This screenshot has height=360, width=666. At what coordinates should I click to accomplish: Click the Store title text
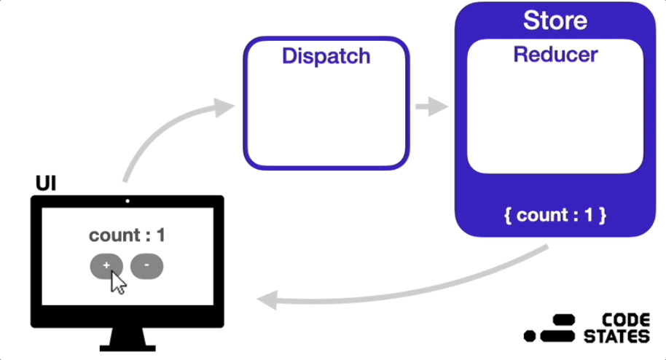coord(555,20)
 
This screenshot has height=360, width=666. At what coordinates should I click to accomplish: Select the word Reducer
coord(555,55)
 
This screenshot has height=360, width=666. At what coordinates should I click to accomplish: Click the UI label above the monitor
coord(46,183)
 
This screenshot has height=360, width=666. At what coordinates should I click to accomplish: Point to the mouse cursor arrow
coord(117,282)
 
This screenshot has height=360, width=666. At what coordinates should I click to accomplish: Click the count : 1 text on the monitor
coord(127,235)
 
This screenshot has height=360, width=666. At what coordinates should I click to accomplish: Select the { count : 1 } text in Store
coord(555,215)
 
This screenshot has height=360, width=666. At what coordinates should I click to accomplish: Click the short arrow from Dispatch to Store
coord(431,106)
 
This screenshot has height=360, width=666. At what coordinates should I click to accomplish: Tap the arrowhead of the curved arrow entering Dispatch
coord(224,108)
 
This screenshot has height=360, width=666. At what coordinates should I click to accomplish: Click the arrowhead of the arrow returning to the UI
coord(267,300)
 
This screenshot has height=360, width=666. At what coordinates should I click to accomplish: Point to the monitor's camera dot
coord(128,201)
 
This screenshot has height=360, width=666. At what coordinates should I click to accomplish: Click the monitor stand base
coord(128,348)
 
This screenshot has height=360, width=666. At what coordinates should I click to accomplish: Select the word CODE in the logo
coord(626,320)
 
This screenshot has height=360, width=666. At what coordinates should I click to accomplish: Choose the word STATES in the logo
coord(616,337)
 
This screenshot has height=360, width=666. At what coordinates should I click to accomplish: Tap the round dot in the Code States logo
coord(530,336)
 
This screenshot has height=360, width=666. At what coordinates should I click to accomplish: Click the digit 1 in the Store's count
coord(589,215)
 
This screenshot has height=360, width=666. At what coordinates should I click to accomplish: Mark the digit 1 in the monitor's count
coord(160,235)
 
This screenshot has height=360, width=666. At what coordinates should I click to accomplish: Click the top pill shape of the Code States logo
coord(564,320)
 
